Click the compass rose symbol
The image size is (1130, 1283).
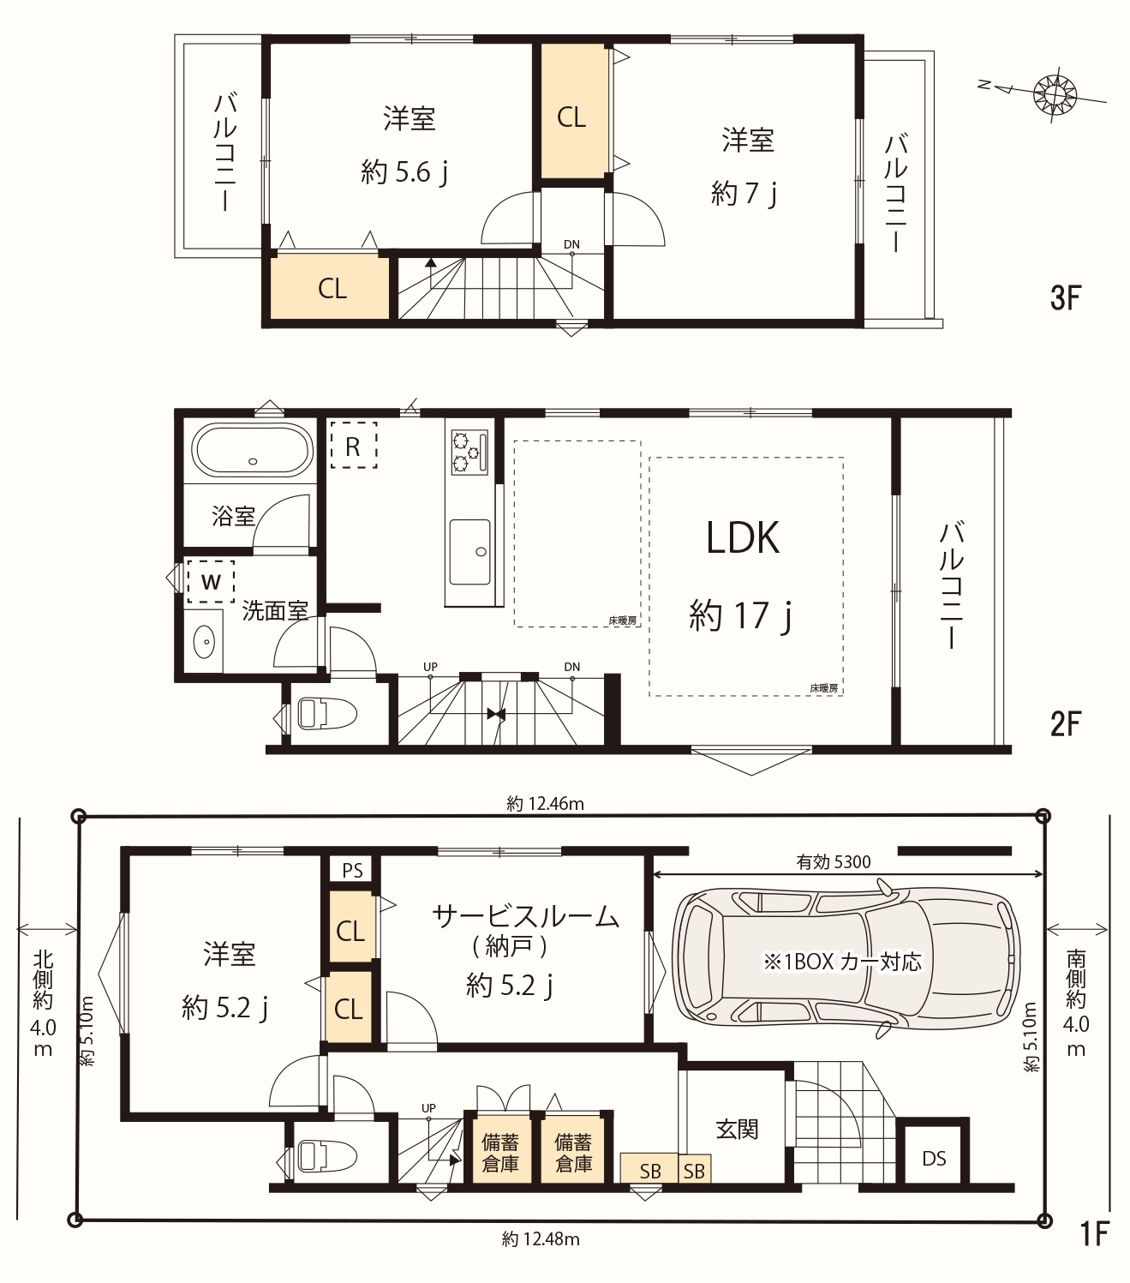1055,93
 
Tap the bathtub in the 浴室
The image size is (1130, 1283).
252,450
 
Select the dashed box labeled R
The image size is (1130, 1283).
354,445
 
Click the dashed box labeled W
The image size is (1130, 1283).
211,581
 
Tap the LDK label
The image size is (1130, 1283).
743,538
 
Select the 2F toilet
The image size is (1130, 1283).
326,714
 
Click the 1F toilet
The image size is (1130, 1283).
326,1155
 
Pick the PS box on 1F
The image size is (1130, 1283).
352,870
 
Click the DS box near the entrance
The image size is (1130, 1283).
934,1158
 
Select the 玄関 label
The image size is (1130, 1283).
737,1129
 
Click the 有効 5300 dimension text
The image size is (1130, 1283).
833,862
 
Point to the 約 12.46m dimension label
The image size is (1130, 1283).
545,804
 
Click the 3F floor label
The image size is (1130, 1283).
1066,298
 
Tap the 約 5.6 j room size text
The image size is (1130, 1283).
404,172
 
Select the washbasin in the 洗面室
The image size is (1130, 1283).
204,641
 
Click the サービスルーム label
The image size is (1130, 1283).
525,916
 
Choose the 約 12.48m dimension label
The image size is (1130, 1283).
541,1239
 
